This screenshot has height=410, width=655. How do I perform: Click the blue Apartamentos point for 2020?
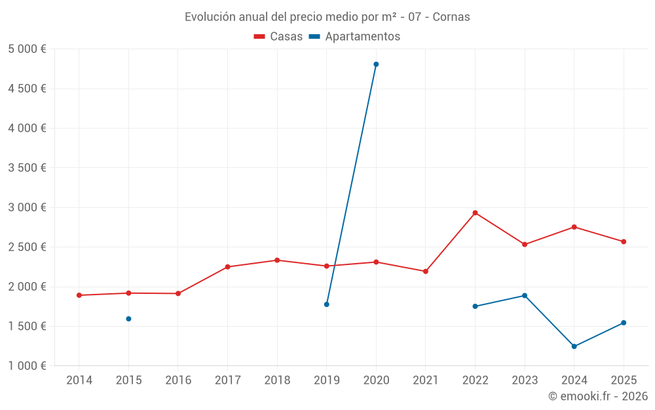click(376, 64)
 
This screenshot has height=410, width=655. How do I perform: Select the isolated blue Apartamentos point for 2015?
click(128, 319)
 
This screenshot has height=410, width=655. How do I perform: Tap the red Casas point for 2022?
click(475, 213)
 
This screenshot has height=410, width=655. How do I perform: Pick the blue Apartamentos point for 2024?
click(574, 346)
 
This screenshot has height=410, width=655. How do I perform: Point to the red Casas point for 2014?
click(79, 295)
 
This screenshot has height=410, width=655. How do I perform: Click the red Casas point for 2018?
click(277, 260)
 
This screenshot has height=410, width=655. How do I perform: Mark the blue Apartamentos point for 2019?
click(326, 304)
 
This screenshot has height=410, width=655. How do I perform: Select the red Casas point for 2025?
click(624, 241)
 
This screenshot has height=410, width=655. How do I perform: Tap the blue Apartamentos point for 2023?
click(525, 295)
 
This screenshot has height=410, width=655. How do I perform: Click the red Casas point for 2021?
click(426, 271)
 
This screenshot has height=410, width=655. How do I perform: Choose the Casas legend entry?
click(278, 37)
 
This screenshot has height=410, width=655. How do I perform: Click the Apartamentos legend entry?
click(354, 37)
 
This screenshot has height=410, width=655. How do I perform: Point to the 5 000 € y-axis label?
click(28, 49)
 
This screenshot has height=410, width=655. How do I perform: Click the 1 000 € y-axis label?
click(28, 366)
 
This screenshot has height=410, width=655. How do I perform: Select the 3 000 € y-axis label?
click(28, 207)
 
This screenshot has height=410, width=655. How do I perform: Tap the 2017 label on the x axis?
click(227, 380)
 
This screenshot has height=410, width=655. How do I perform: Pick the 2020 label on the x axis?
click(376, 380)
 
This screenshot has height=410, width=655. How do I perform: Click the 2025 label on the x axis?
click(624, 380)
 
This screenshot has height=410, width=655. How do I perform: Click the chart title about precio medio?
click(327, 17)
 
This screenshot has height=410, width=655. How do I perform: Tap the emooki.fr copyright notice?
click(597, 396)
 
